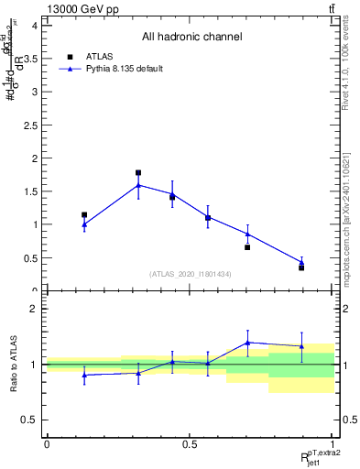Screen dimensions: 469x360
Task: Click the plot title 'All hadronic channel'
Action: pos(191,38)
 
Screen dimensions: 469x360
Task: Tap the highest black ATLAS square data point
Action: pos(138,172)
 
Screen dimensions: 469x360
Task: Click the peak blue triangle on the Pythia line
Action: pos(138,185)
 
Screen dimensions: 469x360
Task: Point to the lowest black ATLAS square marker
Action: pos(301,267)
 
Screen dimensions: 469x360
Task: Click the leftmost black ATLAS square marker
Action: pos(84,215)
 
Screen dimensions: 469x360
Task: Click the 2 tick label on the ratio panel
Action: pos(33,309)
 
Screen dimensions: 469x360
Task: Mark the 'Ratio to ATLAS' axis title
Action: pos(14,365)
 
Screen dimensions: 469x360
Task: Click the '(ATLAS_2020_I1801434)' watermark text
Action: pos(190,275)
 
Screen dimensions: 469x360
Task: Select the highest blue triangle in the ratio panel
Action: pos(247,343)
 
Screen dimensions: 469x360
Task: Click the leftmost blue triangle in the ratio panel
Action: pos(84,375)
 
